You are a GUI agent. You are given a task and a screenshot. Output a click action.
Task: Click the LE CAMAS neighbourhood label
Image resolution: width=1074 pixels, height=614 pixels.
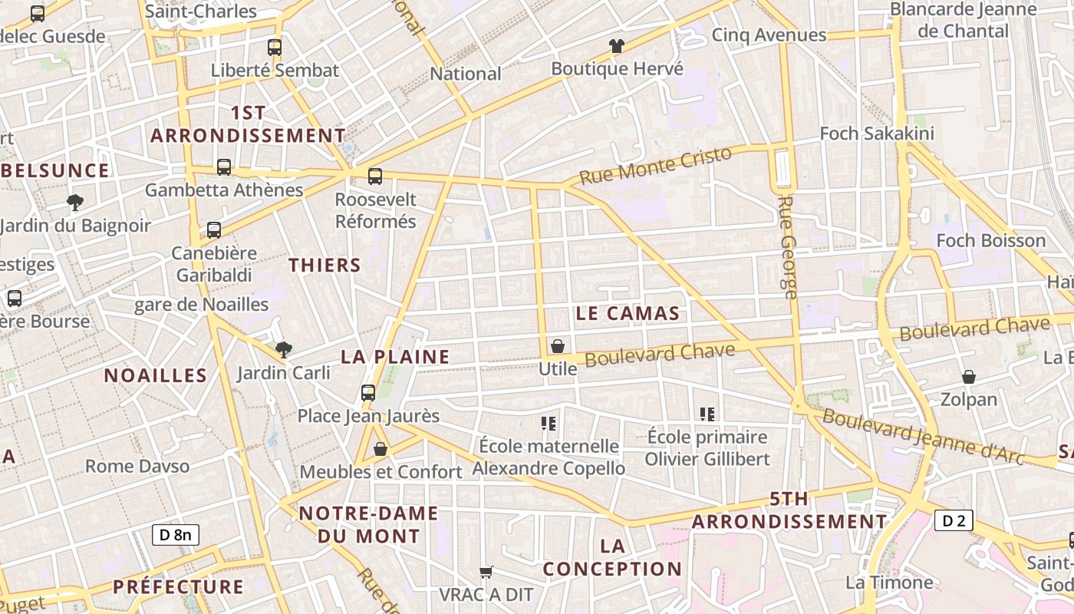[627, 313]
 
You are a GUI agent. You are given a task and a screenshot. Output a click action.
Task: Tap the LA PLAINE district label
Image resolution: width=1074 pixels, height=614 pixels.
[395, 357]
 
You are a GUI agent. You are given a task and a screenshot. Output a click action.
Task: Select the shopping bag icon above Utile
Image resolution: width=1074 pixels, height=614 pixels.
[558, 346]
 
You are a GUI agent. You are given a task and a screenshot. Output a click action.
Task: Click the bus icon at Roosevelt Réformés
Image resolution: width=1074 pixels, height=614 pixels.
[375, 177]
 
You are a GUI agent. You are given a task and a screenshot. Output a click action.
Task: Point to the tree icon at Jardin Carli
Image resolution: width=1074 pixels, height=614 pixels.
[284, 350]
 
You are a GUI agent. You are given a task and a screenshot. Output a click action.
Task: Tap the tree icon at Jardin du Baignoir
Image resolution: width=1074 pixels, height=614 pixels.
[75, 203]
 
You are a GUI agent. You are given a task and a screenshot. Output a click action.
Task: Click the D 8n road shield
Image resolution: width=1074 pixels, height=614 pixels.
[175, 534]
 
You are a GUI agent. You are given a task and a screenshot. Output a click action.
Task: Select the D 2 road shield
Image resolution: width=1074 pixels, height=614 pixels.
[954, 521]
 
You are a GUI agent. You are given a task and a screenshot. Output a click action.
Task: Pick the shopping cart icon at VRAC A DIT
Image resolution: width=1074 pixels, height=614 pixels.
[486, 572]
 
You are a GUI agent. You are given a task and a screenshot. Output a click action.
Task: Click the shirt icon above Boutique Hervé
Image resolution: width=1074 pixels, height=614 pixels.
[617, 45]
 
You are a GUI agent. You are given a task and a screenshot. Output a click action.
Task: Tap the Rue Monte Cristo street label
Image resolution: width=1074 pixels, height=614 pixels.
[656, 166]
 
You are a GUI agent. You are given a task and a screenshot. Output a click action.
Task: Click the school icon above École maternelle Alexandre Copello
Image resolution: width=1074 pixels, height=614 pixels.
[548, 423]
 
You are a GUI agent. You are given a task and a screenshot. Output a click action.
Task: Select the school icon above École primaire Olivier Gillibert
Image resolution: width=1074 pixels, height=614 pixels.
[707, 414]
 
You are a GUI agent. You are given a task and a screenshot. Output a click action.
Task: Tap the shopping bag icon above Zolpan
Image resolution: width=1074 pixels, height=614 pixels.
[969, 377]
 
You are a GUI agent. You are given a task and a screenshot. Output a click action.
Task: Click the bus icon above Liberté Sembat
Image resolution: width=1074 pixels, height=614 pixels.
[275, 48]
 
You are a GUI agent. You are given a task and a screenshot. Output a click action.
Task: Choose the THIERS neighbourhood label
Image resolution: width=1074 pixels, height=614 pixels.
[325, 266]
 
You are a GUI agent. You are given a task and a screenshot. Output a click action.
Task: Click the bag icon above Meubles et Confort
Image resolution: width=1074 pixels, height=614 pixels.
[381, 449]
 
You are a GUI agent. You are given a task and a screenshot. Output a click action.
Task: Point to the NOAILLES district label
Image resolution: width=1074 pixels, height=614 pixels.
[156, 375]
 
